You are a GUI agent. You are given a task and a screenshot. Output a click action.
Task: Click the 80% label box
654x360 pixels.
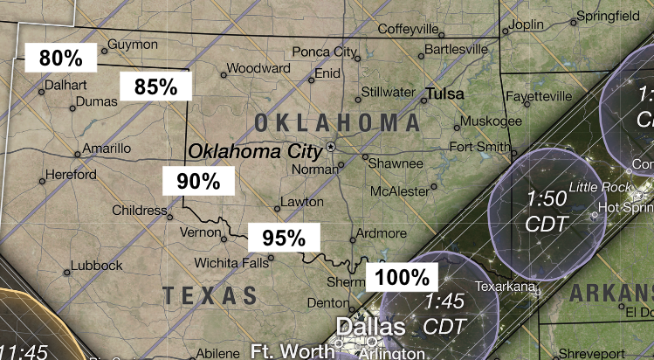(x=60, y=59)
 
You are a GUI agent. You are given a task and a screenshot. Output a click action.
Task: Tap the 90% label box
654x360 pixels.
(x=198, y=182)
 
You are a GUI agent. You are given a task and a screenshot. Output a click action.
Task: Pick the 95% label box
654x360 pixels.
(x=284, y=237)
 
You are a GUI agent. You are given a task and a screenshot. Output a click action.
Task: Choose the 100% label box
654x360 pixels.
(x=403, y=278)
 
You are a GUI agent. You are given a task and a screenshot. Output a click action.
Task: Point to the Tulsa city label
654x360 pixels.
(x=445, y=93)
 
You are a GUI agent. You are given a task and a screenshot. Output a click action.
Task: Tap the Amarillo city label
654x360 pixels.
(x=107, y=149)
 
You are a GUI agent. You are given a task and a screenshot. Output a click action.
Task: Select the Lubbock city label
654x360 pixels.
(x=97, y=266)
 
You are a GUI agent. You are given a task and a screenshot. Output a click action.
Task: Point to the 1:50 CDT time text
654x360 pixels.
(x=547, y=211)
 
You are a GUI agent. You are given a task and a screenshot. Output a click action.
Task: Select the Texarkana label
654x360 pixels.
(x=504, y=286)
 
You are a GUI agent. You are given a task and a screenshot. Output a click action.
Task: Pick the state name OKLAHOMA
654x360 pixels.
(x=337, y=122)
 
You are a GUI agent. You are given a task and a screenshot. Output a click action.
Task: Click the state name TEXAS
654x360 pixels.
(x=216, y=294)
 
